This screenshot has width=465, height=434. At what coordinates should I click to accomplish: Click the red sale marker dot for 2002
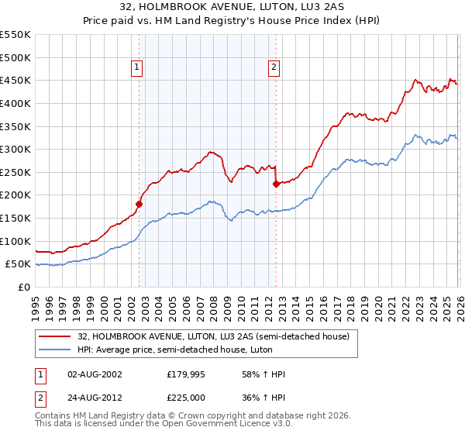tap(139, 205)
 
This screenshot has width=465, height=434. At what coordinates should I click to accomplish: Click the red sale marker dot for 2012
tap(276, 184)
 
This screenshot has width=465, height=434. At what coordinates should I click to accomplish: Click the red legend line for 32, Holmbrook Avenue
tap(55, 336)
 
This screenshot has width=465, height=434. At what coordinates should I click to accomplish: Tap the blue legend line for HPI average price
tap(55, 350)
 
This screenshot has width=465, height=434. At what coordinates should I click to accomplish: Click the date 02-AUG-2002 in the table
tap(94, 374)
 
